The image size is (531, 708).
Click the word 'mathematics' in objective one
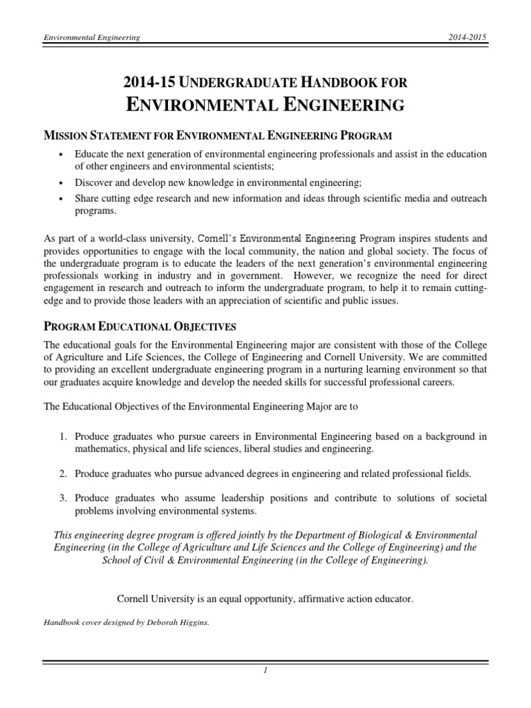(100, 449)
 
